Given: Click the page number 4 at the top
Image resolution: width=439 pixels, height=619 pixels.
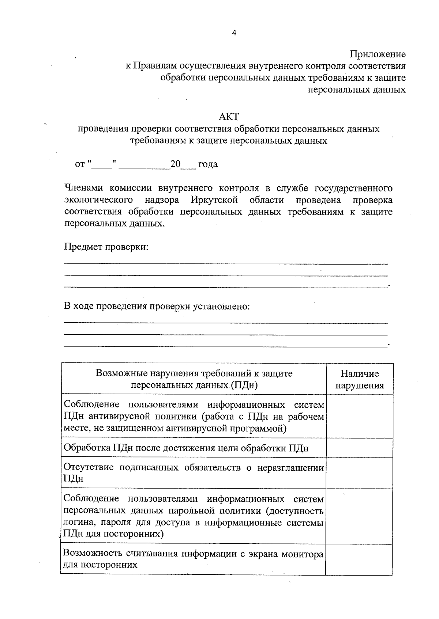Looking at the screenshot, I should [x=234, y=33].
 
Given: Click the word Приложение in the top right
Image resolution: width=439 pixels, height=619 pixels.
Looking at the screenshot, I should [x=378, y=54].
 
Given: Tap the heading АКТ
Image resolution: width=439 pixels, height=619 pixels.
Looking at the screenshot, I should [x=229, y=117].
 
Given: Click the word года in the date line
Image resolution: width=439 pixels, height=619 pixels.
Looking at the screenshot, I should [x=208, y=164].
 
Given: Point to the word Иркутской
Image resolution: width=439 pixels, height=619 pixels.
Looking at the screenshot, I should [x=214, y=200].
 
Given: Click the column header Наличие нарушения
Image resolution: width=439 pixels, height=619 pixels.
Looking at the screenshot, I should [x=360, y=379].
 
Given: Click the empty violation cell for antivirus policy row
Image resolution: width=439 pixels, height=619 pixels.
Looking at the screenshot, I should [x=360, y=416].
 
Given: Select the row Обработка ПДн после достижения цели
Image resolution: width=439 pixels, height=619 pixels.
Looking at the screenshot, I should [x=186, y=448].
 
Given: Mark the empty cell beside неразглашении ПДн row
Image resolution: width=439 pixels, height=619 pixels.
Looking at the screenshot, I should [x=360, y=473].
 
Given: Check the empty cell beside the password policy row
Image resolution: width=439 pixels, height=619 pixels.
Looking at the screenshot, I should [x=360, y=516].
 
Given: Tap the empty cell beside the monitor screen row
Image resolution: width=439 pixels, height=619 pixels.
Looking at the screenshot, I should [x=360, y=559].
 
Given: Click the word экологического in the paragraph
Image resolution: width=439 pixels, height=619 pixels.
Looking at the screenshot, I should [x=98, y=200].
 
